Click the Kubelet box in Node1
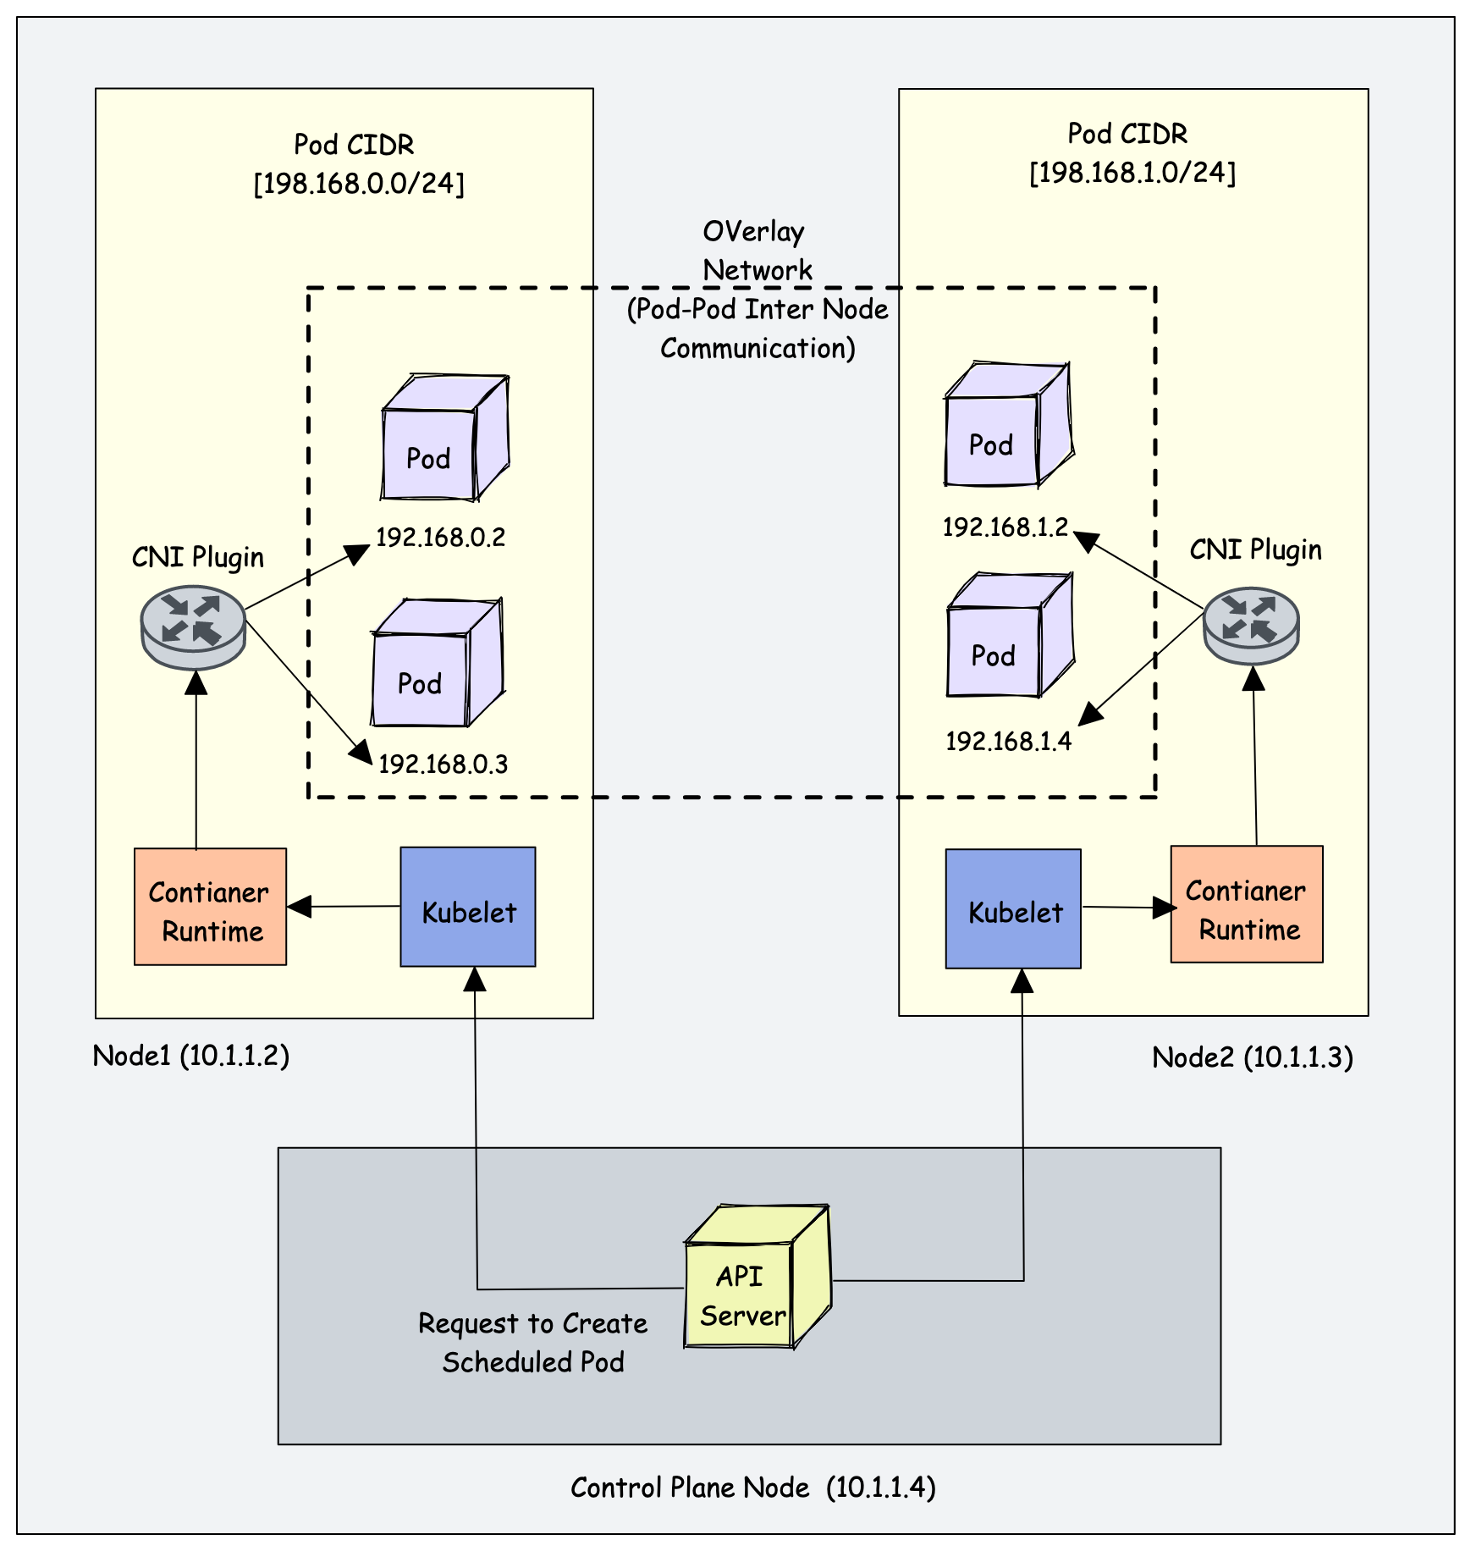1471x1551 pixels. click(467, 907)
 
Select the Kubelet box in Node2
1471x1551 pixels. click(1013, 908)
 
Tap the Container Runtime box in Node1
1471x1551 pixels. click(210, 907)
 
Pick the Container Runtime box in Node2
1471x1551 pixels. click(1247, 904)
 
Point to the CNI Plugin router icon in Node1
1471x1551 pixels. click(193, 627)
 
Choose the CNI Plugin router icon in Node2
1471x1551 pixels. click(1251, 626)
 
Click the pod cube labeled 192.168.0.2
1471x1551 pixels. click(443, 440)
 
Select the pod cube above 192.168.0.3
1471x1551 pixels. click(436, 665)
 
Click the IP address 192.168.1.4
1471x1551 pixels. click(1008, 742)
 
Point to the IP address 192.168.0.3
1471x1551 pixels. click(443, 764)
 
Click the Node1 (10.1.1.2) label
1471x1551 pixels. click(191, 1056)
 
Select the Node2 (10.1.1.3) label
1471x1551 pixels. click(1253, 1057)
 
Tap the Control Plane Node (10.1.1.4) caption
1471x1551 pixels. click(752, 1488)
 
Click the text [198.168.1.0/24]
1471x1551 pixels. click(1132, 173)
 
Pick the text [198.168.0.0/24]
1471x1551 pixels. click(359, 184)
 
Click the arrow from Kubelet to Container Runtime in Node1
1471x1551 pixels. click(344, 907)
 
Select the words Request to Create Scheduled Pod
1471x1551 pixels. click(533, 1343)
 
